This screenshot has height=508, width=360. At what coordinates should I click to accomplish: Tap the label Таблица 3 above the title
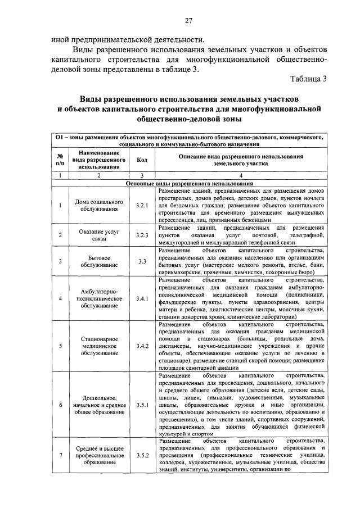[309, 78]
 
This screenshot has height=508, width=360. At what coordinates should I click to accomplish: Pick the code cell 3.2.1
[142, 206]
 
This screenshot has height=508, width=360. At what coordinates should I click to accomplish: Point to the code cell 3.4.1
[142, 298]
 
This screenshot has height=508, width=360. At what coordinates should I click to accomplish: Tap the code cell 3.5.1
[142, 405]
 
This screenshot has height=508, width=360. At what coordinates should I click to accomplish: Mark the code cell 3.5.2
[142, 455]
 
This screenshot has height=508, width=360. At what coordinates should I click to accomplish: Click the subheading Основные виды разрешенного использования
[189, 183]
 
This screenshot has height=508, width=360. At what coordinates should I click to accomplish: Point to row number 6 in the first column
[60, 405]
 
